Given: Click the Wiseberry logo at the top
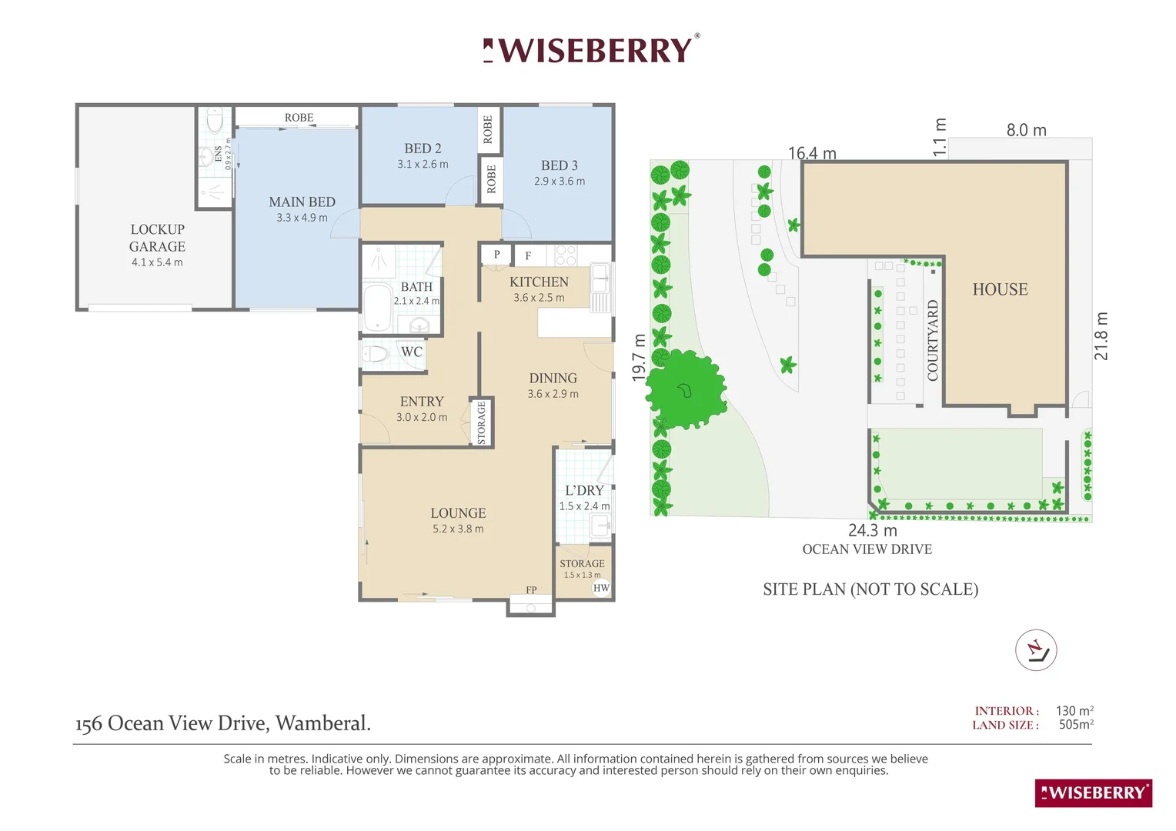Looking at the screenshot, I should tap(591, 50).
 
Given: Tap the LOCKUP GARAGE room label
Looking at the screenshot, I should tap(157, 238).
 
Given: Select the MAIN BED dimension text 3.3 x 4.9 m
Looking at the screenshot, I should tap(302, 218).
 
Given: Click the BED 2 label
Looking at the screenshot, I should tap(423, 149).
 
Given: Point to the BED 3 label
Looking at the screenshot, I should tap(559, 165).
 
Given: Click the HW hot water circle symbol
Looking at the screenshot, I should tap(601, 588).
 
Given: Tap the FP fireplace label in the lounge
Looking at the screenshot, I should tap(531, 590).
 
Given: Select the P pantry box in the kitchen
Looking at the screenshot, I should tap(496, 255).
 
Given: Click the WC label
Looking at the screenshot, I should tap(411, 352).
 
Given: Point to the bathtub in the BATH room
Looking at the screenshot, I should tap(377, 308).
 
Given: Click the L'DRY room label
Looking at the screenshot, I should tap(584, 490).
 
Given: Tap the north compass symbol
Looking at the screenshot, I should tap(1035, 650).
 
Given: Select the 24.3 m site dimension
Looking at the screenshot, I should tap(872, 530).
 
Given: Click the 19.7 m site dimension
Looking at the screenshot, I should tap(639, 357).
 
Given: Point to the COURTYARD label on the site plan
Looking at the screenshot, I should tap(933, 340).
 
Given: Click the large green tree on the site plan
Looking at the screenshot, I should tap(684, 389).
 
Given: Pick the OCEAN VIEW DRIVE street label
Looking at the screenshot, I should tap(867, 549).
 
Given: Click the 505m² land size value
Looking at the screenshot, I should tap(1075, 725).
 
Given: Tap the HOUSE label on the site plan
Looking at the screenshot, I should tap(999, 289).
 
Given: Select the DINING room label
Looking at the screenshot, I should tap(553, 378).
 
